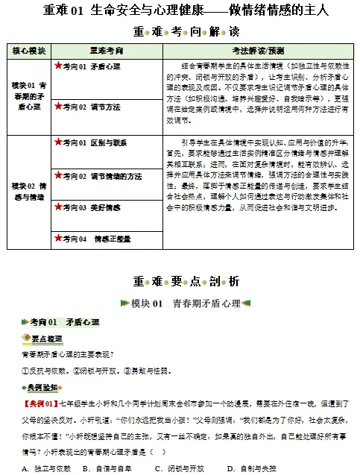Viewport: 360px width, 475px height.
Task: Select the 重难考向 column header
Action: point(107,51)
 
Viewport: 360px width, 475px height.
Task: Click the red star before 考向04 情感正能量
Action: point(58,238)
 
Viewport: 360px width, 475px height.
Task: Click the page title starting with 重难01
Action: point(180,11)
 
